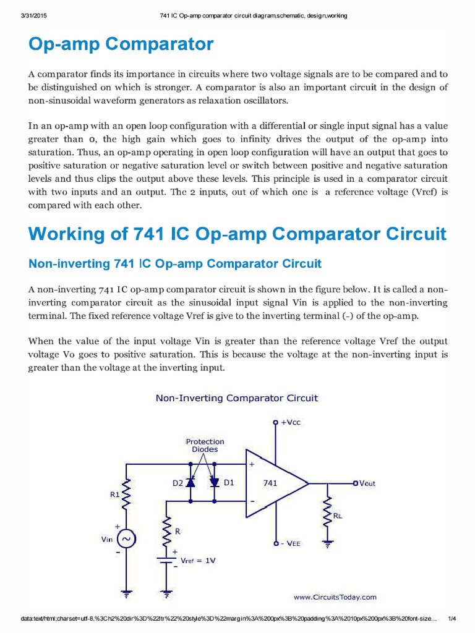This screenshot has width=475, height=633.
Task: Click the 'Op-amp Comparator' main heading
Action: coord(121,45)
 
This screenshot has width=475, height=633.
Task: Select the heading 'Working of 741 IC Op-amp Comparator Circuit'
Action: coord(237,234)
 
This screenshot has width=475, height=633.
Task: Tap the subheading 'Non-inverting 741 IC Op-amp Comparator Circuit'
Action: coord(175,264)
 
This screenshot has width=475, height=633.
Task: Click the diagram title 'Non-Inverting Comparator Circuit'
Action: coord(236,398)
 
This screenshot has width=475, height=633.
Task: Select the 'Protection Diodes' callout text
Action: coord(204,446)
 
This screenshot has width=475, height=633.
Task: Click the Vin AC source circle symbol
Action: coord(126,539)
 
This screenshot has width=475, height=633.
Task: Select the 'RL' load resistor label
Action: coord(338,515)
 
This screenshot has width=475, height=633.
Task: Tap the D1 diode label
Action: coord(228,482)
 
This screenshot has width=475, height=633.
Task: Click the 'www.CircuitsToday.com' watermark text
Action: coord(334,597)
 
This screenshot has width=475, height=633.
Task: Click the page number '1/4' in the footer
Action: coord(451,619)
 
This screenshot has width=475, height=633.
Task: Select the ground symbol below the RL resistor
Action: coord(327,545)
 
